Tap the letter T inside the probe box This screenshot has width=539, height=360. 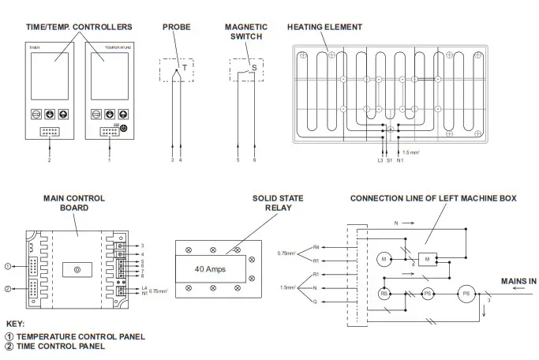184,68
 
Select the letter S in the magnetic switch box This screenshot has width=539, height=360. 253,68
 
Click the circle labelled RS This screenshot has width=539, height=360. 384,293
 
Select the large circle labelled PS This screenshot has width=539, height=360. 466,293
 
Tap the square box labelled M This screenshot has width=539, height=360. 428,258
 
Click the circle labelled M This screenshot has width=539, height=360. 384,258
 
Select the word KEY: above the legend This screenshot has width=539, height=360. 15,324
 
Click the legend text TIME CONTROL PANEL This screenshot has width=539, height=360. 60,346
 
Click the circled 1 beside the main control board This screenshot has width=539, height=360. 7,265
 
